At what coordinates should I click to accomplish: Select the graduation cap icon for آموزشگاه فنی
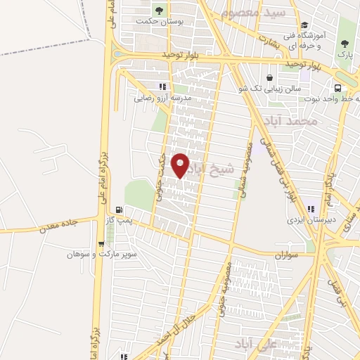tap(304, 26)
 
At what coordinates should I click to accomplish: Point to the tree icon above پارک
tap(344, 42)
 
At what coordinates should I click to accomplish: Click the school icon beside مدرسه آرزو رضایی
tap(164, 86)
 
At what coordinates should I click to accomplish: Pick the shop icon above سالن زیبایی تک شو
tap(269, 77)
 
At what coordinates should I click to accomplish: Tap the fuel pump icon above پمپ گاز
tap(120, 209)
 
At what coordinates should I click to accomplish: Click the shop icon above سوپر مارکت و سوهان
tap(102, 244)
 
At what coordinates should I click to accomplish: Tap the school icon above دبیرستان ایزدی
tap(310, 208)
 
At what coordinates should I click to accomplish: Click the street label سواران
tap(288, 254)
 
